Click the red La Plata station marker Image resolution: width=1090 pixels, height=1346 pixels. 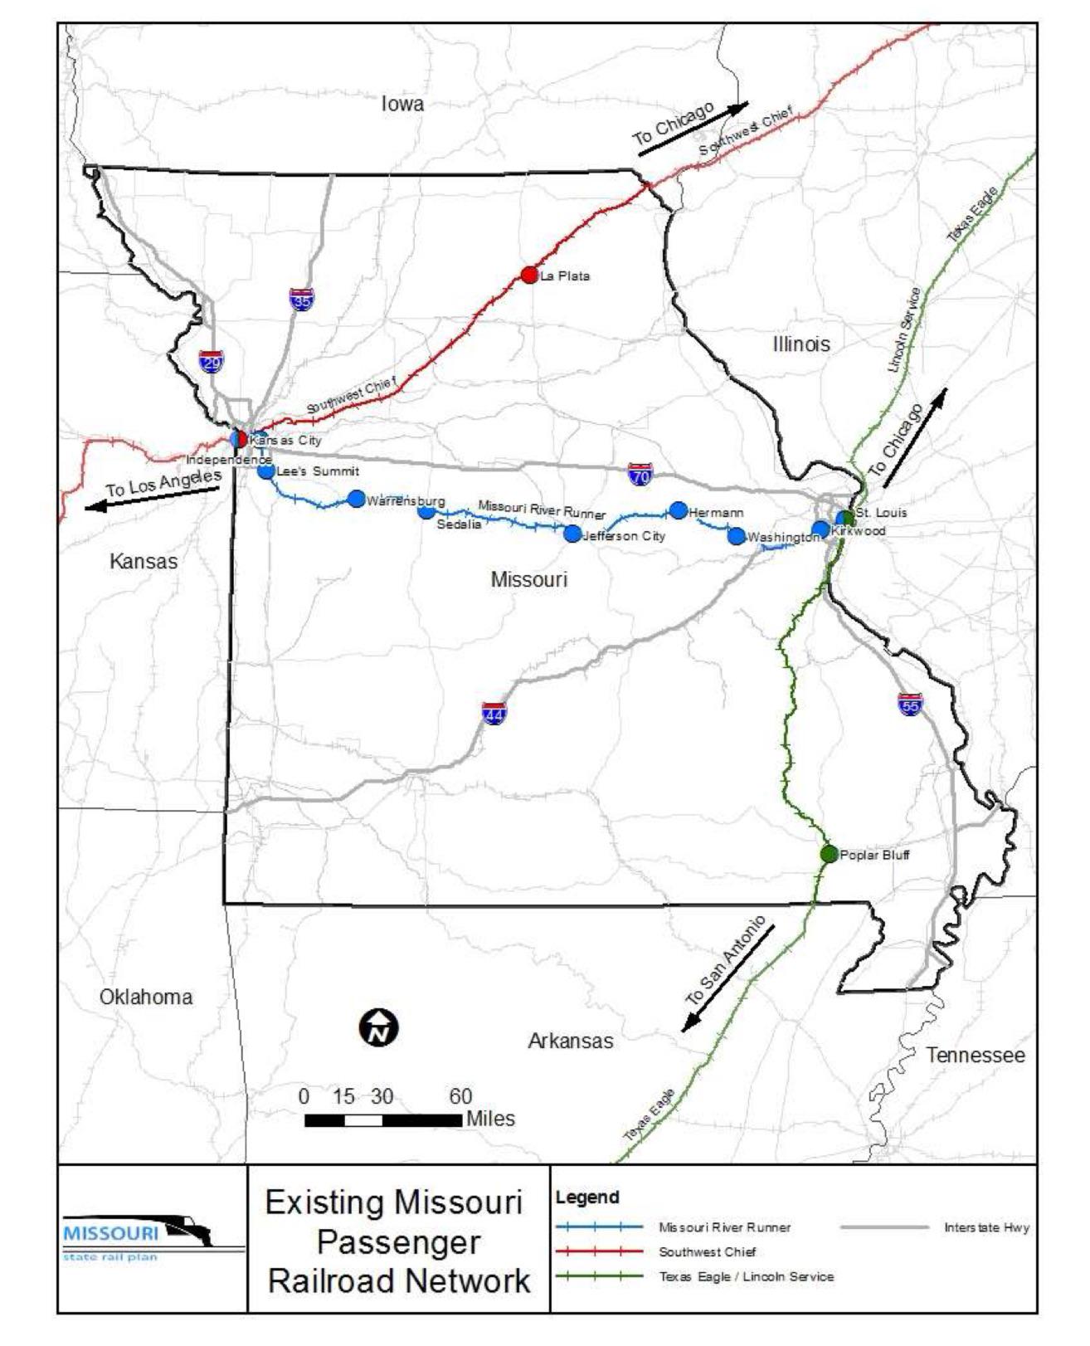pyautogui.click(x=529, y=275)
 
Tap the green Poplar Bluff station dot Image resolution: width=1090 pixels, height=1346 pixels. pyautogui.click(x=829, y=853)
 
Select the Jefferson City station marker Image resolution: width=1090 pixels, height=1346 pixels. pyautogui.click(x=572, y=534)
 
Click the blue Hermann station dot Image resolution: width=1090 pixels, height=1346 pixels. pyautogui.click(x=679, y=510)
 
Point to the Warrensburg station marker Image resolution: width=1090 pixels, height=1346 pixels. pyautogui.click(x=356, y=499)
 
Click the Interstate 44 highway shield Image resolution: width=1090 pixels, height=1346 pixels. pyautogui.click(x=494, y=714)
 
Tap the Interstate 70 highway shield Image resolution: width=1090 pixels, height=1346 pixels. pyautogui.click(x=640, y=475)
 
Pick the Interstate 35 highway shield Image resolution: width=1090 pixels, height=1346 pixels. pyautogui.click(x=301, y=299)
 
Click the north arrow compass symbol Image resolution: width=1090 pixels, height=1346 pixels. pyautogui.click(x=378, y=1028)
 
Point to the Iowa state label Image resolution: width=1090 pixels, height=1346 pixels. pyautogui.click(x=402, y=104)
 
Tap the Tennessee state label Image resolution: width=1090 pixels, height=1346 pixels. pyautogui.click(x=975, y=1055)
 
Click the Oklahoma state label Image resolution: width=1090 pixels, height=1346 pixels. pyautogui.click(x=146, y=997)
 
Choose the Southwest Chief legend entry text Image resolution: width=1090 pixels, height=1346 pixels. pyautogui.click(x=707, y=1251)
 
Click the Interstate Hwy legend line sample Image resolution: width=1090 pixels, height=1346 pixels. pyautogui.click(x=884, y=1227)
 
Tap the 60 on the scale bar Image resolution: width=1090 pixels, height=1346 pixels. pyautogui.click(x=460, y=1096)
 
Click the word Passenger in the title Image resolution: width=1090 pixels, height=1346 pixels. pyautogui.click(x=398, y=1242)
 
